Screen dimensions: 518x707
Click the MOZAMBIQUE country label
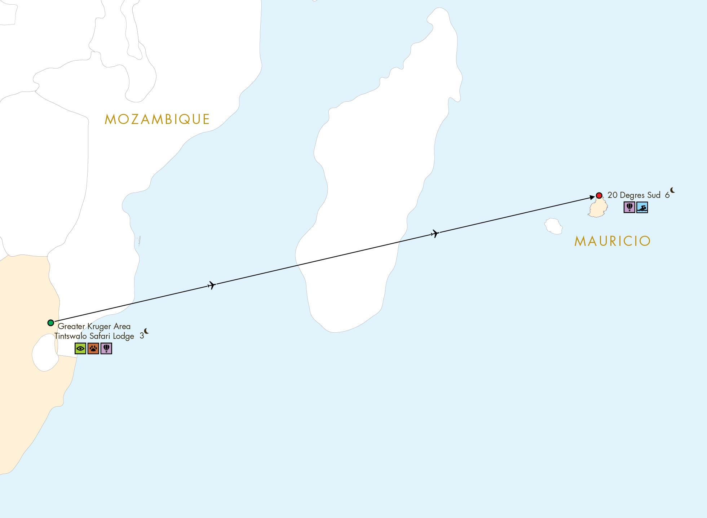(157, 119)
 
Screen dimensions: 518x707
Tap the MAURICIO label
(612, 241)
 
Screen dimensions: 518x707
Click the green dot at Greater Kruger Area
(51, 323)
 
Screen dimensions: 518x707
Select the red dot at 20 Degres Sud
(599, 195)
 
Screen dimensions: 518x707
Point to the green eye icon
(80, 349)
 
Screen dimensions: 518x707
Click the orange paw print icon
(93, 349)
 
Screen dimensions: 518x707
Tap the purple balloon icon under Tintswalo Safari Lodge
(106, 349)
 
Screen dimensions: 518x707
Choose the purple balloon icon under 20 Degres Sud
(629, 207)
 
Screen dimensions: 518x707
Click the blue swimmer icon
(642, 207)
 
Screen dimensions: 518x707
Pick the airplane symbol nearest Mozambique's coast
(212, 285)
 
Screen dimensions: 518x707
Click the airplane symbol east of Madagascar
(435, 234)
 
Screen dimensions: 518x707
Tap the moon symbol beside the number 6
(672, 190)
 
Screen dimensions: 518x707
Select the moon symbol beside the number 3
(146, 331)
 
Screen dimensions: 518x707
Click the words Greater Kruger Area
(94, 326)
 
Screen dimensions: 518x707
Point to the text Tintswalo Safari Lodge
(94, 336)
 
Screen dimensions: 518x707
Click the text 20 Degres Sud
(634, 195)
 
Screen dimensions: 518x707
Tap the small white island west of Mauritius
(553, 226)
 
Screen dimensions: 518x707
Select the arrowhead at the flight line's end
(592, 197)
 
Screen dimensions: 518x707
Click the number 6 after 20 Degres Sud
(667, 195)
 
